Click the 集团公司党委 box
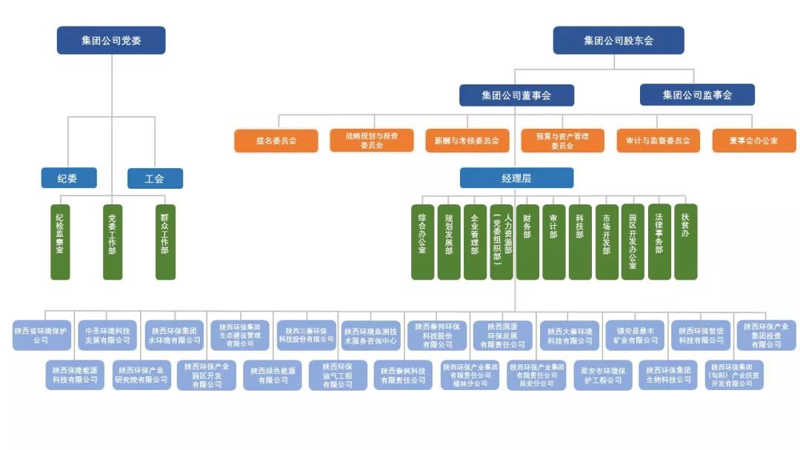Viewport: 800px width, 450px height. tap(111, 41)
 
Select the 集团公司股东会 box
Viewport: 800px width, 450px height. tap(619, 41)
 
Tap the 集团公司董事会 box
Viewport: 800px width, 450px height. tap(516, 95)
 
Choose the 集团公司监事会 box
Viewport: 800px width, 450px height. tap(697, 95)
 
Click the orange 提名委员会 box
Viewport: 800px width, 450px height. tap(276, 141)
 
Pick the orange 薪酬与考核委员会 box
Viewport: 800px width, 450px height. tap(467, 141)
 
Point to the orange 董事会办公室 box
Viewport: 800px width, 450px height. tap(753, 141)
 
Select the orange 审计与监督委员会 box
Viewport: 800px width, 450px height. tap(658, 141)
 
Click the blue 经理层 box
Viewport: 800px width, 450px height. tap(516, 178)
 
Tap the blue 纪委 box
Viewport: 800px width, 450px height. tap(69, 178)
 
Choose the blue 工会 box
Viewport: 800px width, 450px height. tap(155, 178)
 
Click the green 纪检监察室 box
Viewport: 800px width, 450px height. tap(60, 242)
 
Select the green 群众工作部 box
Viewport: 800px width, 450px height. tap(165, 242)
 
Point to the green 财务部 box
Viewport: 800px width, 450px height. tap(527, 242)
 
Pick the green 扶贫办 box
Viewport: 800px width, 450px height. tap(685, 242)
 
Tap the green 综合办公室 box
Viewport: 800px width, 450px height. tap(422, 242)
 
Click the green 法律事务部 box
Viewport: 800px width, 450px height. tap(659, 242)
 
